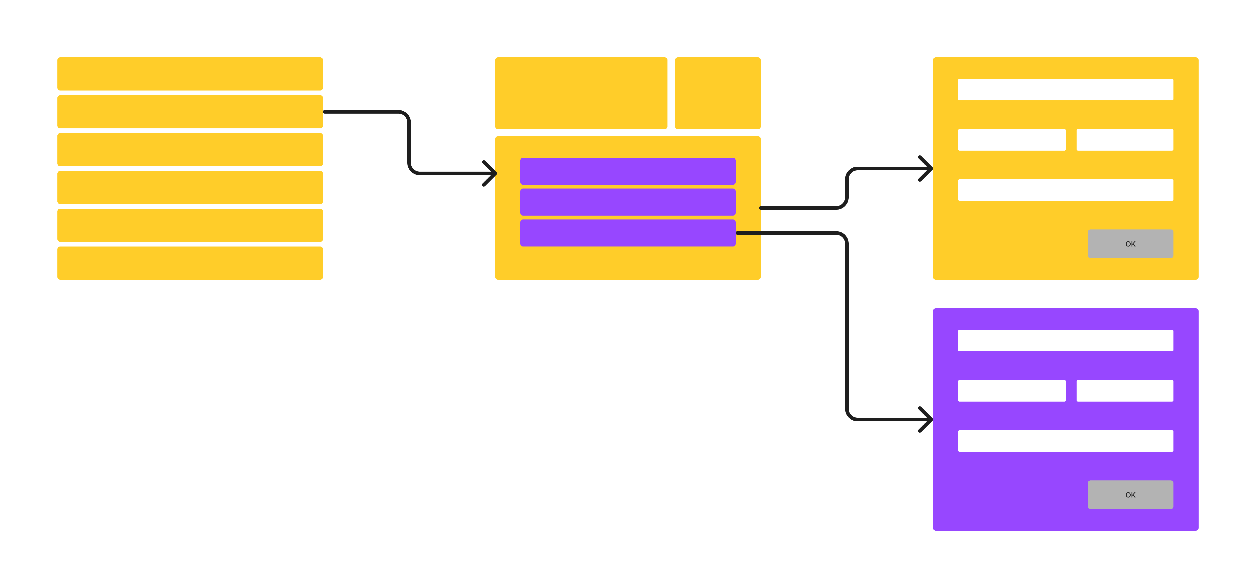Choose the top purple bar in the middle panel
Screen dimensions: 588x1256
(628, 171)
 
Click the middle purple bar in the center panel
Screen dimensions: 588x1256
(628, 202)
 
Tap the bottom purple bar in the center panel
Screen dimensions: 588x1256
(628, 233)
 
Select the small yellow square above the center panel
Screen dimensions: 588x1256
(717, 93)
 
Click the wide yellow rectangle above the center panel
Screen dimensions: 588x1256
(581, 93)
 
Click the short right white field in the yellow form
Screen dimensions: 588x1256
(1124, 140)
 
